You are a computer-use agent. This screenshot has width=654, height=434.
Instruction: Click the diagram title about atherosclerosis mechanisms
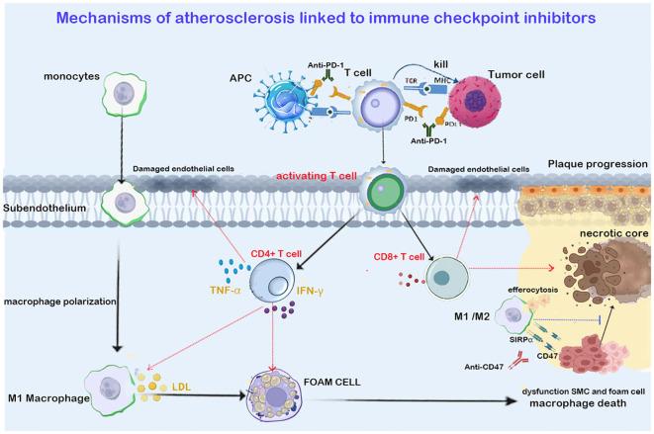pos(327,18)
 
